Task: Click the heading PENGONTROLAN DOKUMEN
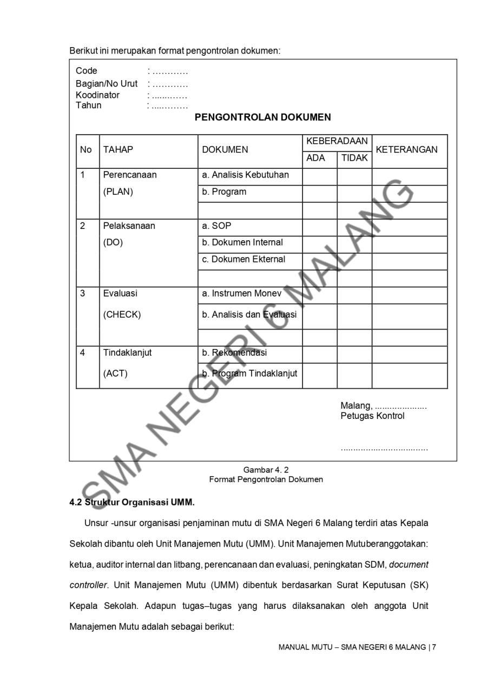click(x=262, y=117)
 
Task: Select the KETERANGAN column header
click(x=406, y=150)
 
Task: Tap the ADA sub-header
click(x=316, y=159)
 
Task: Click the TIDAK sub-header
click(x=354, y=159)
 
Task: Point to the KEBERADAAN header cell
click(x=337, y=141)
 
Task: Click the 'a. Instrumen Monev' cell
click(x=242, y=293)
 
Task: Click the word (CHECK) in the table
click(x=122, y=315)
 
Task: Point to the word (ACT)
click(x=115, y=373)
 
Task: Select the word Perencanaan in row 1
click(x=130, y=175)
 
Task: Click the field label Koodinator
click(x=97, y=95)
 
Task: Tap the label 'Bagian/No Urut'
click(x=107, y=83)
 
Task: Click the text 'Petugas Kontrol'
click(x=372, y=416)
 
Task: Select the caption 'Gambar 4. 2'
click(x=266, y=470)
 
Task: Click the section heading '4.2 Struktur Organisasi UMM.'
click(x=131, y=502)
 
